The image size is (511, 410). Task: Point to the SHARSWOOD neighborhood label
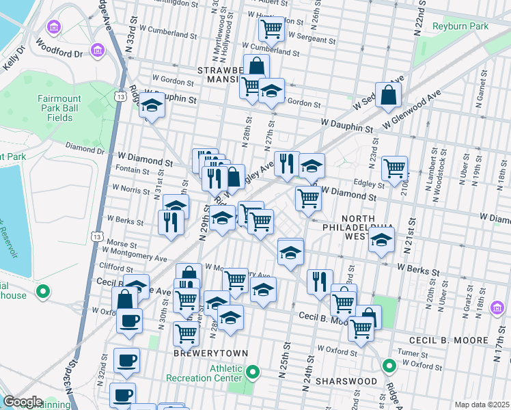[346, 380]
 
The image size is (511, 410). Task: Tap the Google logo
[23, 402]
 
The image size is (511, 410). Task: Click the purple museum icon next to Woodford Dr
[98, 51]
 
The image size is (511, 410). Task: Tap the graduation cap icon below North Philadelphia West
[381, 241]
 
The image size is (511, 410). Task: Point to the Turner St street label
[414, 353]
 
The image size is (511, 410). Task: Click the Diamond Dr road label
[85, 148]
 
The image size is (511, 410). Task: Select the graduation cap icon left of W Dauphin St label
[151, 107]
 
